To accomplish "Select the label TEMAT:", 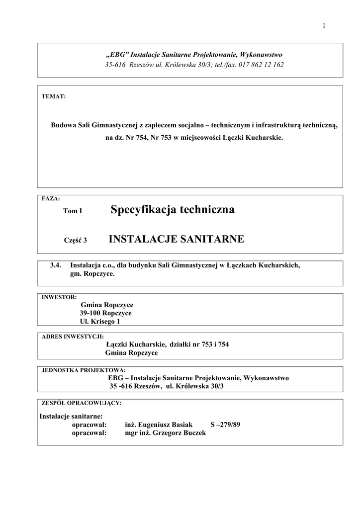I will click(x=54, y=96).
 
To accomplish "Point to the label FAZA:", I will click(x=51, y=198).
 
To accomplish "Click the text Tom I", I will click(x=73, y=211).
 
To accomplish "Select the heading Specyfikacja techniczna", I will click(x=173, y=210).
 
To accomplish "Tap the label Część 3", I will click(x=76, y=241).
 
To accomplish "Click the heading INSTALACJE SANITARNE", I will click(x=176, y=240).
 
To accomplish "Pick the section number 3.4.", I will click(x=55, y=265).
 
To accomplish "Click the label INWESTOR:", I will click(x=59, y=297).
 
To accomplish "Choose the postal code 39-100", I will click(x=90, y=313).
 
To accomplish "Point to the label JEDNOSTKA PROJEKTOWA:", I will click(x=84, y=370).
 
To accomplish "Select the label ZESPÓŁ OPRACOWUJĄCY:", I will click(x=82, y=403).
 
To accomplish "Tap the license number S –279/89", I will click(x=225, y=425).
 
